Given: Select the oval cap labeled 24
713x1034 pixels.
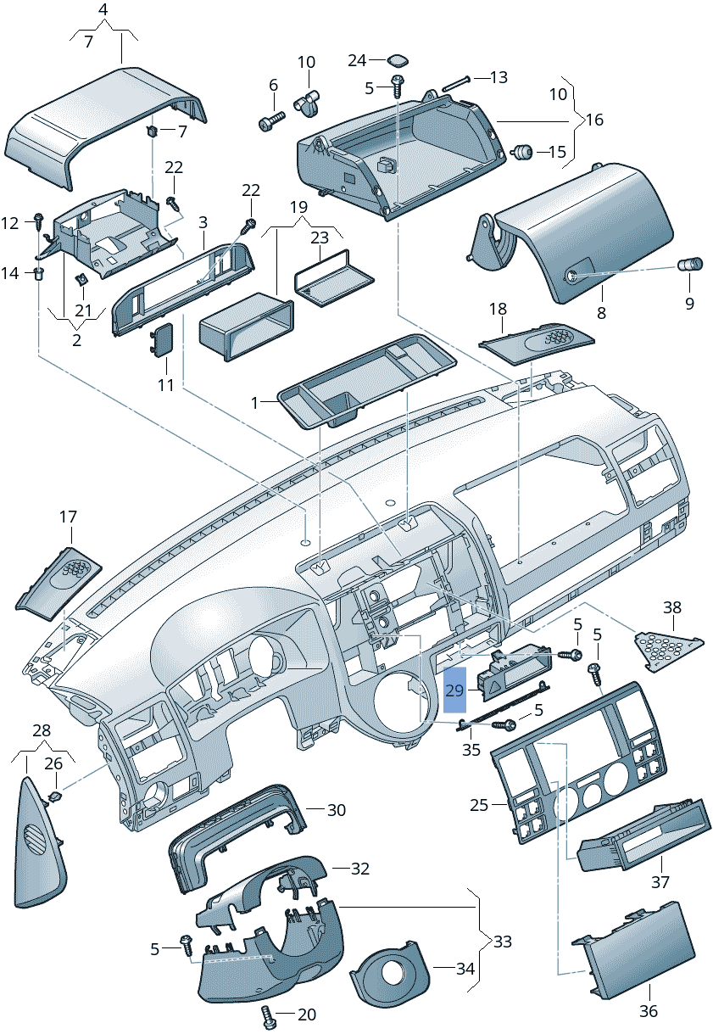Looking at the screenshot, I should click(397, 59).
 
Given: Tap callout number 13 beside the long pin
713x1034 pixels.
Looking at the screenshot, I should click(499, 77).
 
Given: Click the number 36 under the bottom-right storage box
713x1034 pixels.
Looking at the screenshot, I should click(649, 1011).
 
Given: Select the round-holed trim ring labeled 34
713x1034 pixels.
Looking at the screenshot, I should click(392, 975).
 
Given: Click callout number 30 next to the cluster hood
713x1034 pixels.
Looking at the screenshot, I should click(337, 810).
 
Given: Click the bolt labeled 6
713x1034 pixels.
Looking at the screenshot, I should click(269, 122).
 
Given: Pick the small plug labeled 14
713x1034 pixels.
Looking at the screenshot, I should click(39, 272).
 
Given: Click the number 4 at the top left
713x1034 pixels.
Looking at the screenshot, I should click(103, 10).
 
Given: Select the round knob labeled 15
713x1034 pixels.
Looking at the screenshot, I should click(524, 152).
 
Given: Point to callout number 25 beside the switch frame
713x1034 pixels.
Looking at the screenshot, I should click(480, 804).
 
